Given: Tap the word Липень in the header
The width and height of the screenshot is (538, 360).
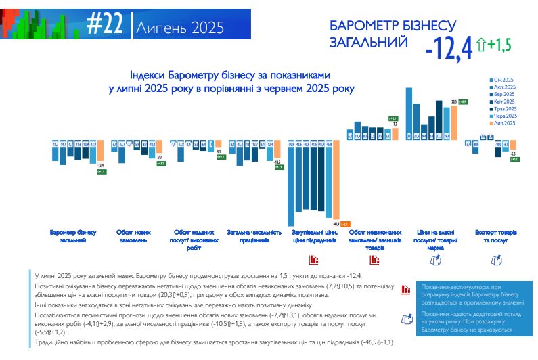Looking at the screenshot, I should (156, 28).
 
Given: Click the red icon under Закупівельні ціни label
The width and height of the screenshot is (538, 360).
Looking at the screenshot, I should (313, 258).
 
